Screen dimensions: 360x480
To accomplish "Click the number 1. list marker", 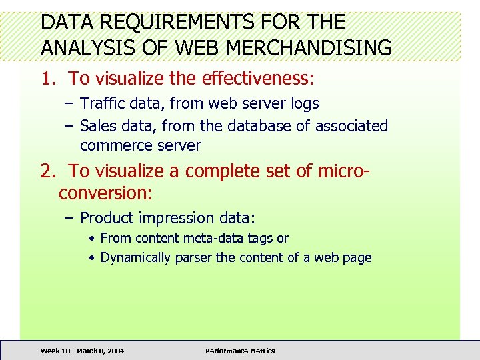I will point(48,79).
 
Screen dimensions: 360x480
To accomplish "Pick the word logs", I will point(305,103).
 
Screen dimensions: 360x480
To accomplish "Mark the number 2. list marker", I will point(48,171).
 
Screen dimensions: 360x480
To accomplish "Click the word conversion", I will point(105,193).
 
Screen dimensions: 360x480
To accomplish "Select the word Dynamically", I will point(135,257).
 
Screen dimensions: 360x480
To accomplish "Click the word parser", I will point(193,257).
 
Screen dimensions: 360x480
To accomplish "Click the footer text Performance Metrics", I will point(240,351).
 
